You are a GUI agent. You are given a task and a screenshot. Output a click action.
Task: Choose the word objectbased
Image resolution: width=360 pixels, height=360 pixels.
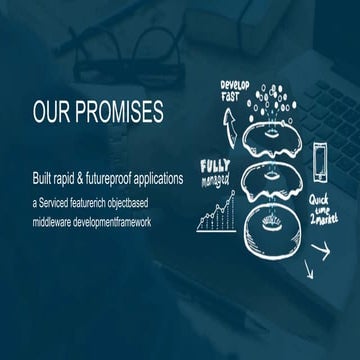pyautogui.click(x=152, y=202)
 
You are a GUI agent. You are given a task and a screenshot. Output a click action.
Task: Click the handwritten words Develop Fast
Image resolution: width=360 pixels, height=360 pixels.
pyautogui.click(x=237, y=92)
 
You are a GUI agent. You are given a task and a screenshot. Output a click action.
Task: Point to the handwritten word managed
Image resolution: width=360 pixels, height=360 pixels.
pyautogui.click(x=215, y=181)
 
